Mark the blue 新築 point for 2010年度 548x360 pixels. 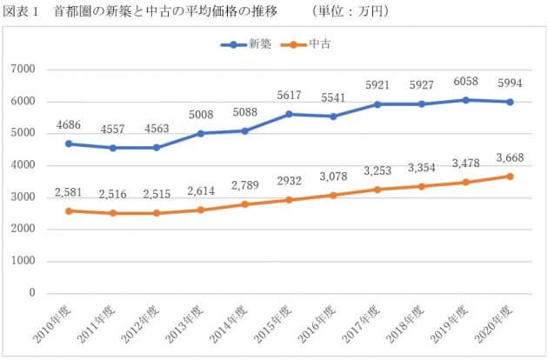(69, 143)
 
